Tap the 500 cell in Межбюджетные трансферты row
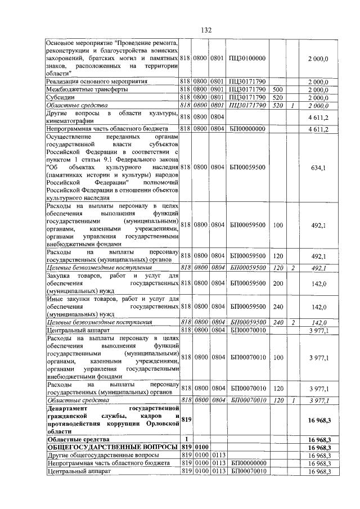click(277, 89)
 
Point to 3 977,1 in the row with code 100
click(319, 357)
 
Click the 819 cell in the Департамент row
click(186, 419)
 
